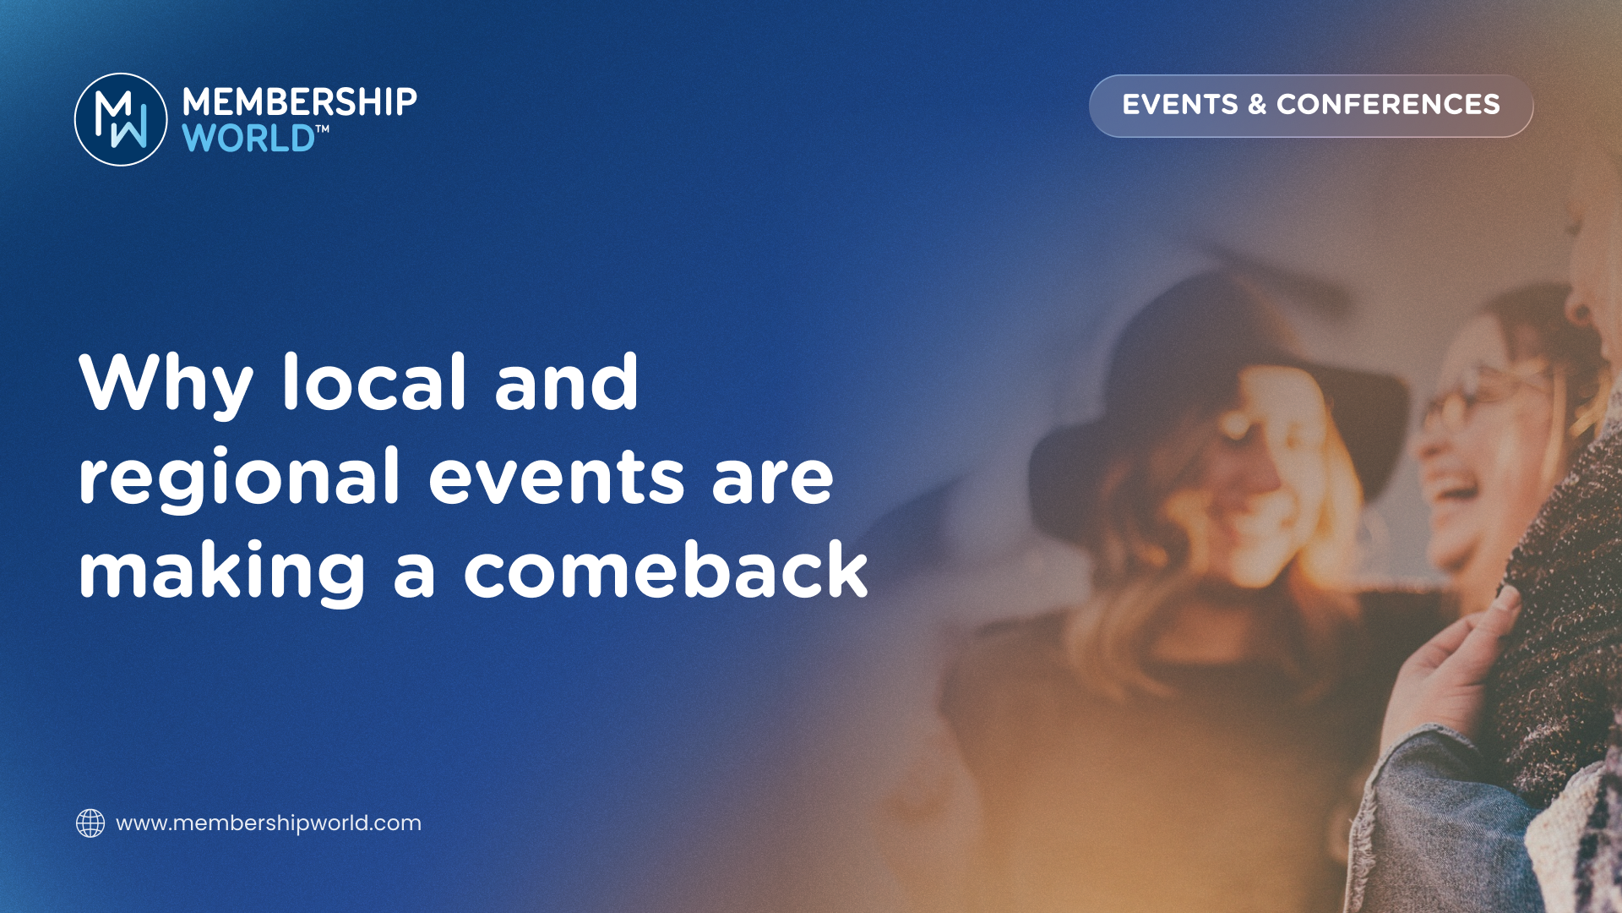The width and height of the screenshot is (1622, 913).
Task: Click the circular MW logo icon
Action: pos(121,119)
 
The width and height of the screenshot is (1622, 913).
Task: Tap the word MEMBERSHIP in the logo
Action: pos(300,102)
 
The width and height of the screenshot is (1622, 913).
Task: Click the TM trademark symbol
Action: pos(322,129)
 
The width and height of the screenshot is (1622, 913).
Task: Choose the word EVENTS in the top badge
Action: pos(1180,104)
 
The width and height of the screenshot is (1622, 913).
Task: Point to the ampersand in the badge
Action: pos(1257,104)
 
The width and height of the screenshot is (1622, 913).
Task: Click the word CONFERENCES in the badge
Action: pos(1388,104)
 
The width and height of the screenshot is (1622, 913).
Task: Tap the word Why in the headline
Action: pos(166,385)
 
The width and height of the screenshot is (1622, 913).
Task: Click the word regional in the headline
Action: pos(239,478)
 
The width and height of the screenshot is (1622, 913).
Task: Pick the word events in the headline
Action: pos(556,478)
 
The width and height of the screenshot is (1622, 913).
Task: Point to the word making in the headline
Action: pos(222,573)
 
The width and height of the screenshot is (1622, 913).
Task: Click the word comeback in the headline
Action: pos(666,570)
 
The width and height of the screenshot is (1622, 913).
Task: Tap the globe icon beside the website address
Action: pos(90,823)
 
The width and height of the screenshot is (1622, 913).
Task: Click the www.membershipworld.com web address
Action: pos(269,823)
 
